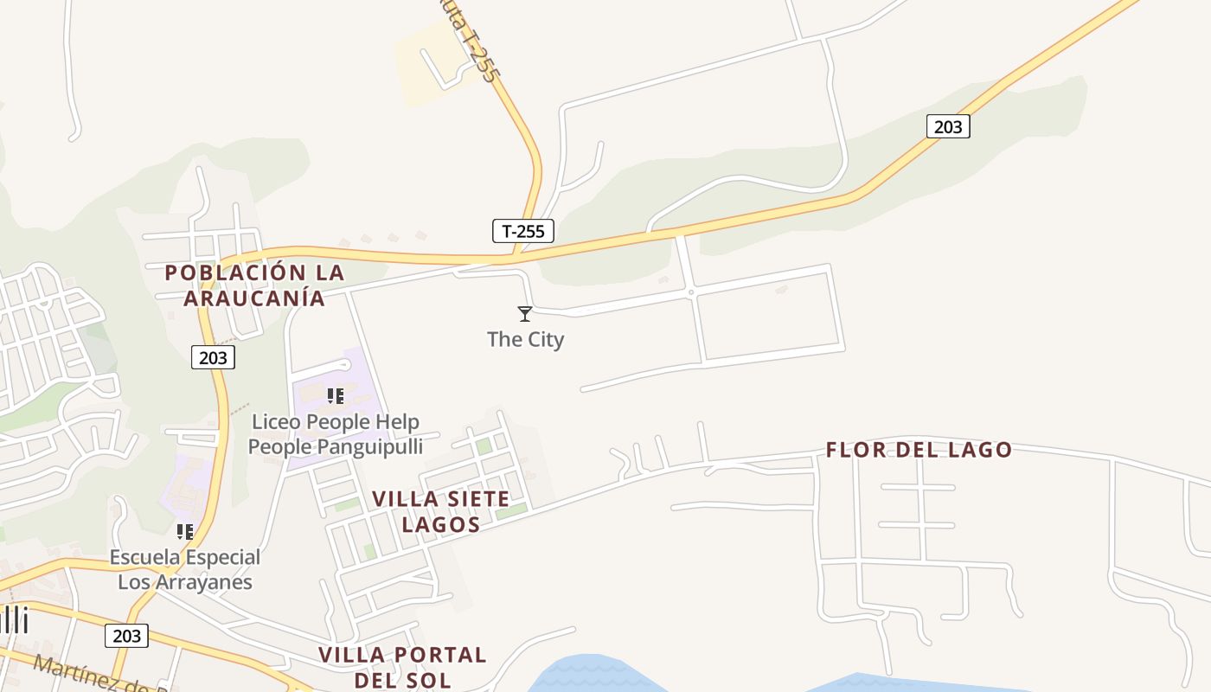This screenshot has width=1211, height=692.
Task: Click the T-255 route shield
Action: pyautogui.click(x=523, y=231)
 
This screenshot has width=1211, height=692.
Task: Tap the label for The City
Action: pyautogui.click(x=525, y=339)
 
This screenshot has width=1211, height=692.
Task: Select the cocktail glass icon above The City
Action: pyautogui.click(x=525, y=313)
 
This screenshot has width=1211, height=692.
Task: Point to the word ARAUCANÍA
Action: pyautogui.click(x=254, y=298)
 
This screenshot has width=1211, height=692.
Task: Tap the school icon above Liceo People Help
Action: pyautogui.click(x=336, y=396)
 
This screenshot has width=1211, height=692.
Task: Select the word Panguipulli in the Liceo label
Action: pyautogui.click(x=371, y=446)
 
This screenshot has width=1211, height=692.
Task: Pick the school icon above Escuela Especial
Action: pyautogui.click(x=184, y=531)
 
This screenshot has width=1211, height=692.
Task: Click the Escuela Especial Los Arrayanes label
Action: pyautogui.click(x=185, y=569)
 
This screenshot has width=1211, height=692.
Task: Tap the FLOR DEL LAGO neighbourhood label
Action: pyautogui.click(x=919, y=450)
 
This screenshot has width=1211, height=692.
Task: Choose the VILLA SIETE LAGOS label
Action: pyautogui.click(x=440, y=511)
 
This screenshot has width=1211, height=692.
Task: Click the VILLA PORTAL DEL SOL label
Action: pyautogui.click(x=402, y=666)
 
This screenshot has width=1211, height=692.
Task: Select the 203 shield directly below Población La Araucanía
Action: pyautogui.click(x=213, y=357)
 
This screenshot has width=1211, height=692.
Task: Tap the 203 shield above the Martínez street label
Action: pyautogui.click(x=126, y=636)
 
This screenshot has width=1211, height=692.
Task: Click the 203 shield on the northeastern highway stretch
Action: pyautogui.click(x=948, y=126)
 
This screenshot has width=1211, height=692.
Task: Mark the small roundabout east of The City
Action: pyautogui.click(x=691, y=292)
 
